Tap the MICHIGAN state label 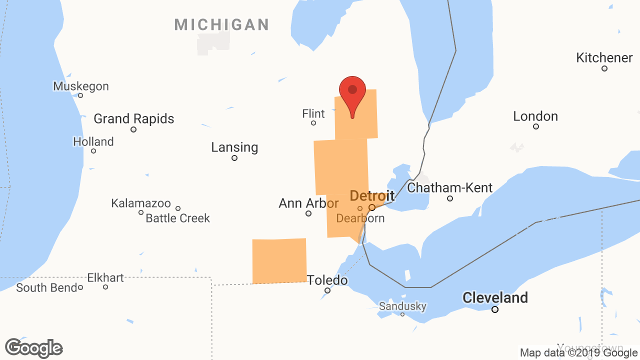(x=221, y=24)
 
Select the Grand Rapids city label (x=134, y=119)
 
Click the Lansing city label (x=234, y=147)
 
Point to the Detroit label (x=372, y=195)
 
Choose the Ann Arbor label (x=308, y=203)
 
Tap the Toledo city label (x=327, y=280)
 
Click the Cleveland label (x=495, y=298)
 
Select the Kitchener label (x=604, y=57)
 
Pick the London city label (x=535, y=116)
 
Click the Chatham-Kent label (x=450, y=188)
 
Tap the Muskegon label (x=81, y=86)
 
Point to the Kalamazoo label (x=141, y=203)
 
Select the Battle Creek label (x=178, y=218)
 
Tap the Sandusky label (x=402, y=306)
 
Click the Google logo (x=34, y=348)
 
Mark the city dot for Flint (x=313, y=123)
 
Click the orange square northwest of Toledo (x=279, y=261)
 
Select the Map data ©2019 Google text (x=578, y=352)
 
